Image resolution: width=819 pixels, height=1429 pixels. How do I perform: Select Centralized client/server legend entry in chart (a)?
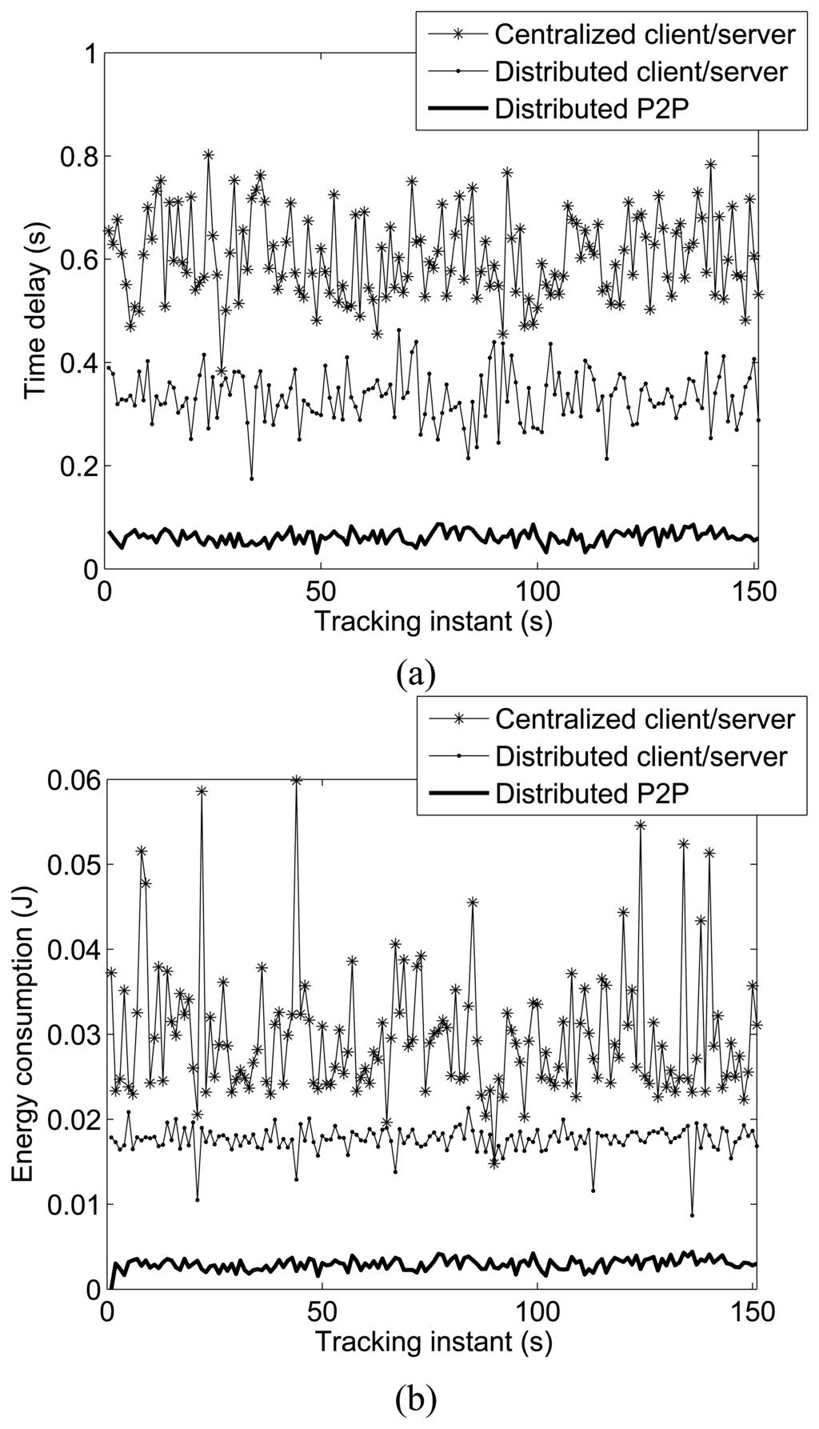click(x=645, y=34)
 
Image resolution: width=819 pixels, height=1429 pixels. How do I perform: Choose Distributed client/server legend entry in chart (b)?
click(x=641, y=755)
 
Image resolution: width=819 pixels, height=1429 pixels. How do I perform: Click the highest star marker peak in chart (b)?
click(x=296, y=780)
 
